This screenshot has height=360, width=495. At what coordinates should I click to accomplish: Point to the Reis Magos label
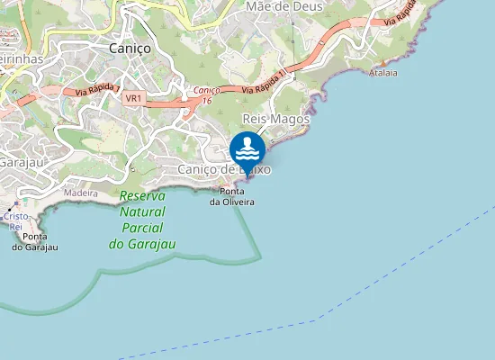pyautogui.click(x=276, y=119)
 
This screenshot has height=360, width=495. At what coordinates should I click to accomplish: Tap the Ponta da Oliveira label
pyautogui.click(x=232, y=196)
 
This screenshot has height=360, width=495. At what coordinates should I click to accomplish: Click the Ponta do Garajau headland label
pyautogui.click(x=35, y=241)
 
